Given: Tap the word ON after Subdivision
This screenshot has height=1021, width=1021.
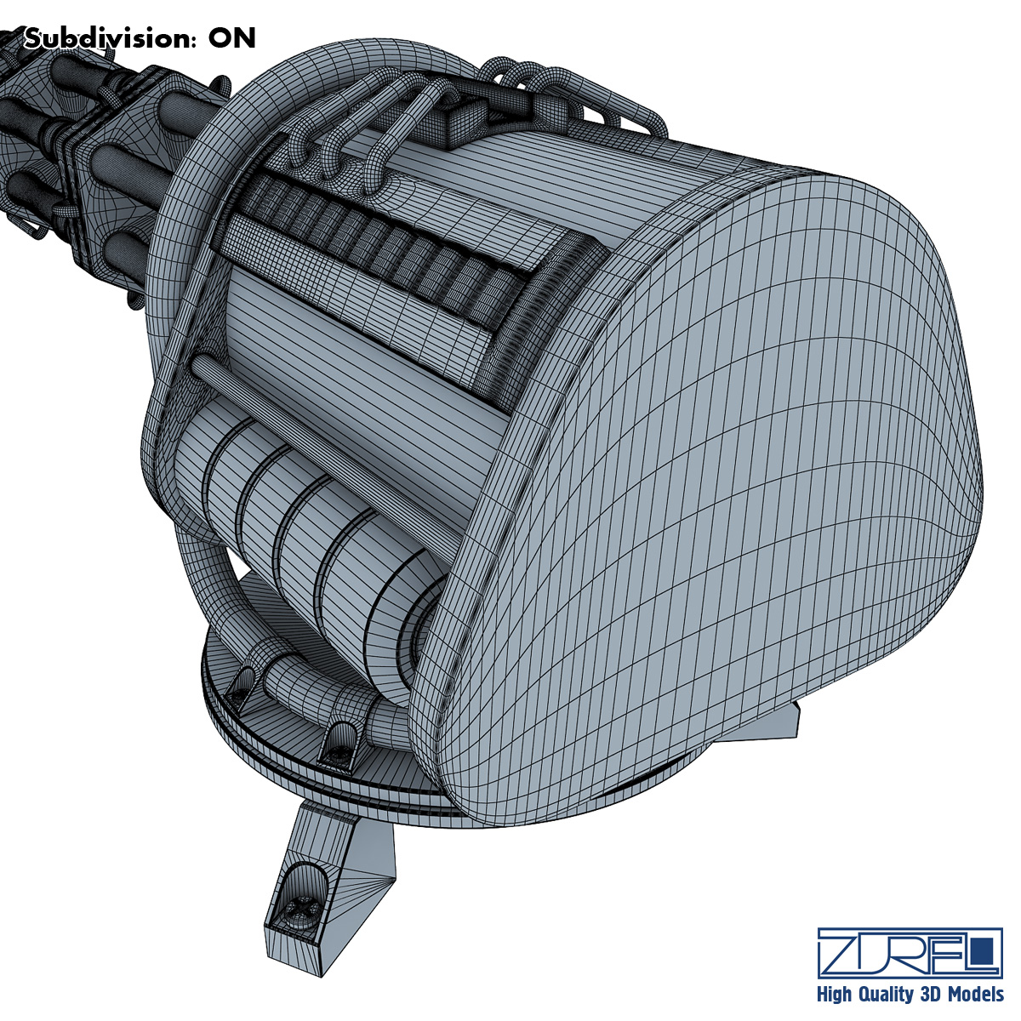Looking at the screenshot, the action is [x=231, y=38].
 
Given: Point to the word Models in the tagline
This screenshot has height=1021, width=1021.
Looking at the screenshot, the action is [x=975, y=994].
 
